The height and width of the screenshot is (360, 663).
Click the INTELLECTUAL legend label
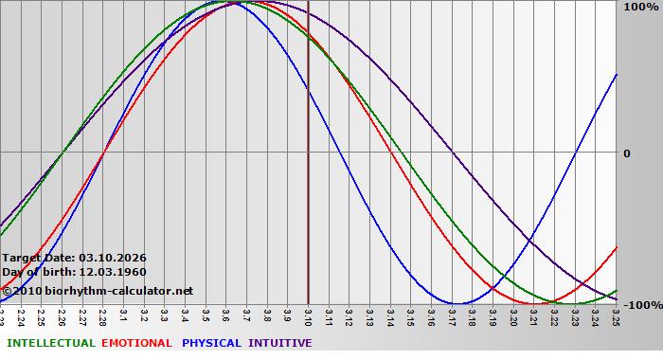pos(50,343)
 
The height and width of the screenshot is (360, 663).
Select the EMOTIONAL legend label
pos(136,343)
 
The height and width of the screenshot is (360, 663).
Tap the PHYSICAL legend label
pos(211,343)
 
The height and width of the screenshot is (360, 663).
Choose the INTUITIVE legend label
pos(279,343)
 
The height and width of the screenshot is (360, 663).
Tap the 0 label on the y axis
pos(626,153)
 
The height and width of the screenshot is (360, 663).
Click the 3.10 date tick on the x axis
pos(308,315)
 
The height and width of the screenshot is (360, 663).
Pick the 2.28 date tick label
pos(102,315)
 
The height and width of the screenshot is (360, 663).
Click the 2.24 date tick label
pos(21,315)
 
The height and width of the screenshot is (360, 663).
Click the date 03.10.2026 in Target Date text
pos(113,258)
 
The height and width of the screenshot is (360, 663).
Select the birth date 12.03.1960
pos(113,272)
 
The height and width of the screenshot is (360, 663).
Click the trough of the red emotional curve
pos(534,303)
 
